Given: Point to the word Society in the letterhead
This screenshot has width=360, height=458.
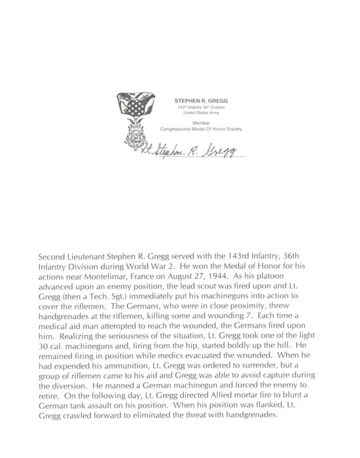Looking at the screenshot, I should tap(232, 129).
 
